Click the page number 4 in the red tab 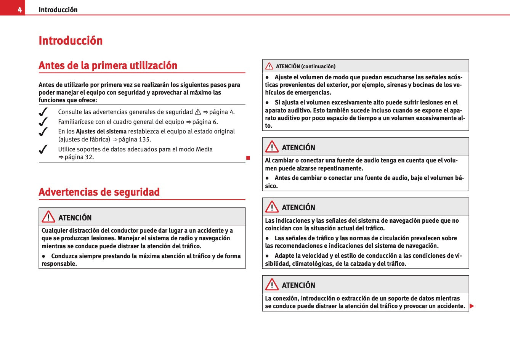[19, 10]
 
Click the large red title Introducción [71, 40]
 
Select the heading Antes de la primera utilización [108, 65]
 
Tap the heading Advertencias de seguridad [99, 192]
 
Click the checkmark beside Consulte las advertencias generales [43, 112]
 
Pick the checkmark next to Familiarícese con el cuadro [43, 122]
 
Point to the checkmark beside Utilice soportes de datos [43, 149]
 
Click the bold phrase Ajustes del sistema [101, 132]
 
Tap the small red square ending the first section [248, 158]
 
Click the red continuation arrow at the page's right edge [472, 306]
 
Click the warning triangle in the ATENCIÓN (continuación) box [269, 66]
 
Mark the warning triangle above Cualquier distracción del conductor [48, 217]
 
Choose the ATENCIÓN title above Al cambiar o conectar [298, 148]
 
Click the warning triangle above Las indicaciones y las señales [272, 207]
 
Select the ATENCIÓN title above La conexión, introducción [298, 285]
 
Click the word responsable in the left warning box [58, 264]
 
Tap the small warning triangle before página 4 [198, 112]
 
